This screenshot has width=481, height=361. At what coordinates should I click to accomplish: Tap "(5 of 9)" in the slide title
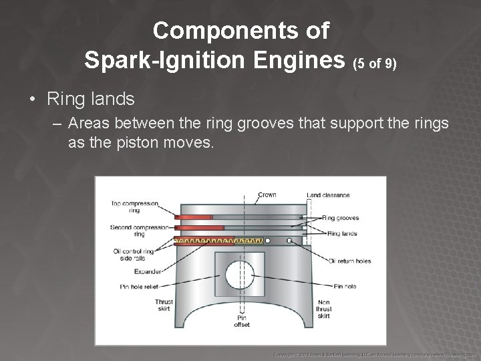click(x=375, y=64)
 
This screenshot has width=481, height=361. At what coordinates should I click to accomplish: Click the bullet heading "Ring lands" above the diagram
click(x=91, y=100)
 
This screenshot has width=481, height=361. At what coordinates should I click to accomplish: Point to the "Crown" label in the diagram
click(x=267, y=195)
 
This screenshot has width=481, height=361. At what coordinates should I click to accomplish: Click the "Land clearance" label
click(x=328, y=195)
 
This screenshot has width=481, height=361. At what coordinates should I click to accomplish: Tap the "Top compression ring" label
click(x=136, y=207)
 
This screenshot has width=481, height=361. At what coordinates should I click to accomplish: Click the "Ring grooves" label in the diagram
click(x=340, y=217)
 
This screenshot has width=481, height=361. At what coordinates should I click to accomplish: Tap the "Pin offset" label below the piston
click(x=242, y=322)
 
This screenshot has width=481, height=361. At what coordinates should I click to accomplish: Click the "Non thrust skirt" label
click(x=323, y=308)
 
